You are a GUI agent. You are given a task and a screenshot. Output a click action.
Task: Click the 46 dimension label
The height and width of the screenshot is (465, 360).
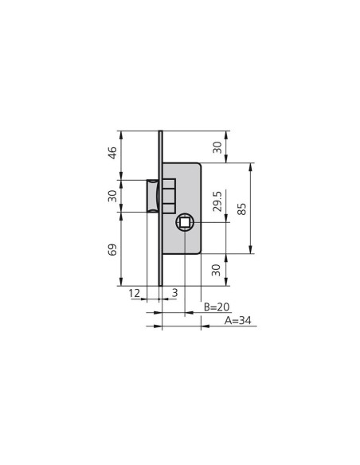[x=113, y=152]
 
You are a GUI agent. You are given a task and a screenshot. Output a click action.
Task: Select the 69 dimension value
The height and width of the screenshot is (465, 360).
[x=112, y=250]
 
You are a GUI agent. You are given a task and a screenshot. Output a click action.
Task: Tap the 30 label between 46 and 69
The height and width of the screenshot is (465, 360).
[x=112, y=196]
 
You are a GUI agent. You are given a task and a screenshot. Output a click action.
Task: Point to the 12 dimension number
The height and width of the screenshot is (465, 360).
[x=134, y=293]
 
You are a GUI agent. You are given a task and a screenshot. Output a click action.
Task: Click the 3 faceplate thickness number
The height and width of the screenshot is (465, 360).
[x=175, y=293]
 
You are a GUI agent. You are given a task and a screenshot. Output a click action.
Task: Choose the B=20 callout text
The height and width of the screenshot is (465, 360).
[x=217, y=307]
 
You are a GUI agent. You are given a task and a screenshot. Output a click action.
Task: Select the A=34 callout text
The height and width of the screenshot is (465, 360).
[x=238, y=321]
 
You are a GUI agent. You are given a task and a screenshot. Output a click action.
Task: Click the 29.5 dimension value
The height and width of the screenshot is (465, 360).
[x=217, y=201]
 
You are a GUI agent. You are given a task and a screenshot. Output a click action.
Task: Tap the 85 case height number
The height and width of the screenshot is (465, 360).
[x=242, y=209]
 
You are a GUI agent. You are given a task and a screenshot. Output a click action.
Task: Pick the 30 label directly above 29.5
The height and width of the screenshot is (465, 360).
[x=217, y=147]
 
